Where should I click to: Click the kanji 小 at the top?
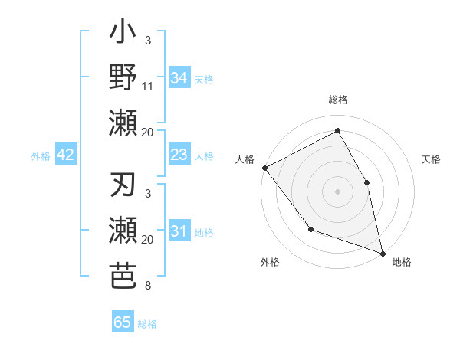coord(123,34)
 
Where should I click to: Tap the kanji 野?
coord(123,78)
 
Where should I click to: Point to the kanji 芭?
coord(123,274)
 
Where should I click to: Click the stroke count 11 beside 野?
coord(148,87)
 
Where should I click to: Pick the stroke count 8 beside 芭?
coord(148,286)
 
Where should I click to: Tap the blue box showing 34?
coord(179,77)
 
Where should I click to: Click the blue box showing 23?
coord(179,155)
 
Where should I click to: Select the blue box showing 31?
coord(179,231)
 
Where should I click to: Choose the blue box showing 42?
coord(65,155)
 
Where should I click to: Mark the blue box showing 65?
coord(123,322)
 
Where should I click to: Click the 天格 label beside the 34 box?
coord(204,79)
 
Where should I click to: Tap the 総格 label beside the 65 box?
coord(147,324)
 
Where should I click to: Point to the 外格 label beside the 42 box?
coord(41,156)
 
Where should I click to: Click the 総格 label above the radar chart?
coord(338,100)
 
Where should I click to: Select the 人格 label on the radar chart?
coord(245,159)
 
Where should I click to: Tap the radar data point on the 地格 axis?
coord(382,252)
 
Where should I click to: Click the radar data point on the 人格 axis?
coord(264,168)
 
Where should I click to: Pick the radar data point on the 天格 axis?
coord(366,182)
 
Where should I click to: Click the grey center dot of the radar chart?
coord(337,191)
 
